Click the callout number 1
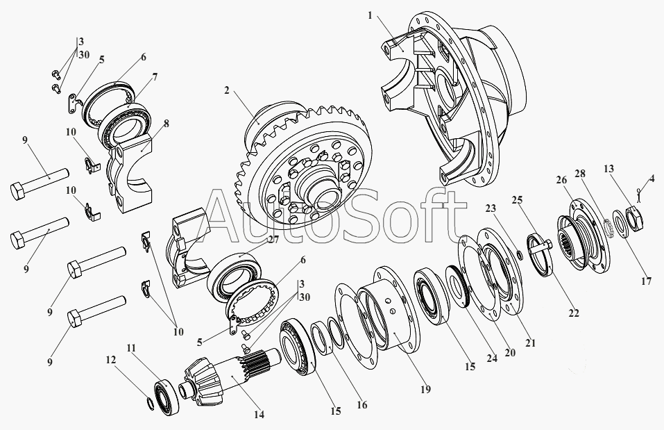(x=370, y=16)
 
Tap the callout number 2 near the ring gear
(x=227, y=90)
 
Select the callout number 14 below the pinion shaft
(x=259, y=414)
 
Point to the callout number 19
(x=425, y=389)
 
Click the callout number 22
(x=573, y=313)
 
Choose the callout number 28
(x=580, y=174)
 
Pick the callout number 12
(x=110, y=360)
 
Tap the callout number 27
(x=273, y=240)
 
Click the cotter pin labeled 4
(x=639, y=195)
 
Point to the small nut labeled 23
(x=520, y=254)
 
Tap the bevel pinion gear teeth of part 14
(x=203, y=379)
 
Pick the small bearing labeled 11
(x=167, y=397)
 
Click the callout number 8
(x=166, y=124)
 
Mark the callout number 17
(x=646, y=281)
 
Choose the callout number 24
(x=492, y=358)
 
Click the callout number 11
(x=131, y=349)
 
